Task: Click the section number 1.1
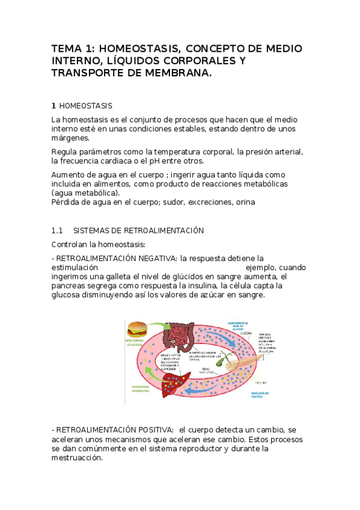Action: click(x=57, y=231)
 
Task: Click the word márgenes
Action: click(x=71, y=138)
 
